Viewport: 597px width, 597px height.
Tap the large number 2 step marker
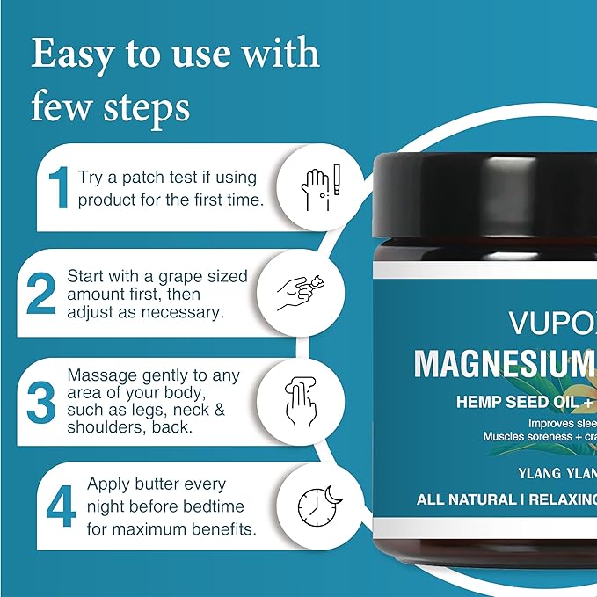pos(41,295)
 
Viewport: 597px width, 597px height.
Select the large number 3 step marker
pos(41,400)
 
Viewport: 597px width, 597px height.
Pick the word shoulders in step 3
pos(104,428)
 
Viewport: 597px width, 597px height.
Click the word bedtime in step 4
pos(213,506)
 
